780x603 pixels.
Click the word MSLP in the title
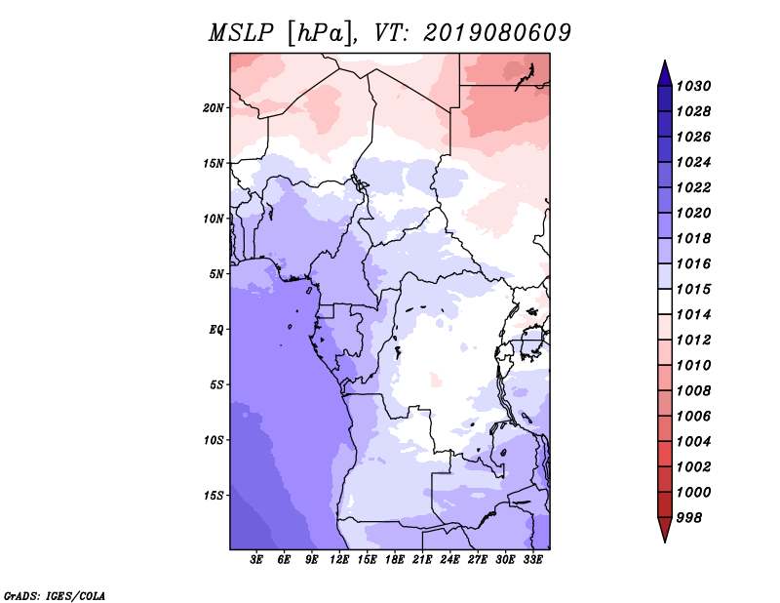point(241,33)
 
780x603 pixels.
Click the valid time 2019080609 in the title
point(497,33)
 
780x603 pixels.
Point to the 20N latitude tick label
point(214,108)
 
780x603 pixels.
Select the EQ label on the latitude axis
point(216,330)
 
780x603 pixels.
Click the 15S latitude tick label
point(214,496)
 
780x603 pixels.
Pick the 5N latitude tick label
point(216,274)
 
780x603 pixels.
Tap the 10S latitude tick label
point(214,440)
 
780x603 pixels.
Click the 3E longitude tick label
point(256,560)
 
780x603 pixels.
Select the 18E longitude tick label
point(395,560)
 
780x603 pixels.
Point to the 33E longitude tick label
point(532,560)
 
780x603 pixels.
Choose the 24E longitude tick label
point(449,560)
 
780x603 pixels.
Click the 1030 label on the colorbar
point(693,86)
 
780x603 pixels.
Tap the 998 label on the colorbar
point(689,518)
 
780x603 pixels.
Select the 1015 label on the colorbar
point(693,289)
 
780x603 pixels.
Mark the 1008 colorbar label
point(693,391)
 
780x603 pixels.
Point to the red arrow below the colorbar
point(665,528)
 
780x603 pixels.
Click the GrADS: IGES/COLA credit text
point(55,596)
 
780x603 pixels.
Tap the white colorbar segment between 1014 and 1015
point(665,301)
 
